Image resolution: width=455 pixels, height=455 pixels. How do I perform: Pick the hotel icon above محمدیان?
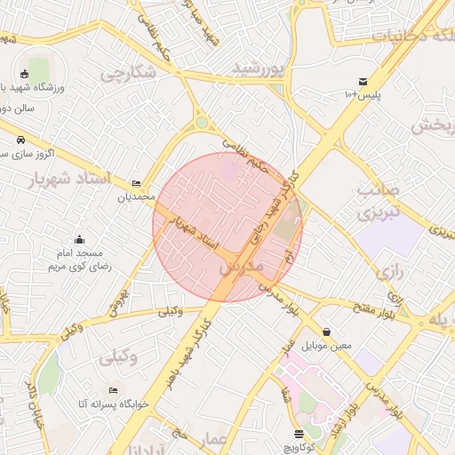tap(135, 183)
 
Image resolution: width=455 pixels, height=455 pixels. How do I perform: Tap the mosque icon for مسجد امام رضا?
tap(80, 239)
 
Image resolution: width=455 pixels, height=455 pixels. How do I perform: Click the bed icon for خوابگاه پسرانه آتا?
tap(113, 390)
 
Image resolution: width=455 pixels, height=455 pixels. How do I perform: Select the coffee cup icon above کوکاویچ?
tap(299, 434)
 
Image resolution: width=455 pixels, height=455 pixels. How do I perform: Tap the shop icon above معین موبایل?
tap(327, 331)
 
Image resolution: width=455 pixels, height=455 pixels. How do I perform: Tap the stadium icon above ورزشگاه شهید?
tap(25, 74)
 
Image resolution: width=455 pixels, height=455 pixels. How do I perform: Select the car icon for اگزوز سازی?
tap(20, 140)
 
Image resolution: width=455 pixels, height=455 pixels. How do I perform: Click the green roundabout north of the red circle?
tap(203, 123)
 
